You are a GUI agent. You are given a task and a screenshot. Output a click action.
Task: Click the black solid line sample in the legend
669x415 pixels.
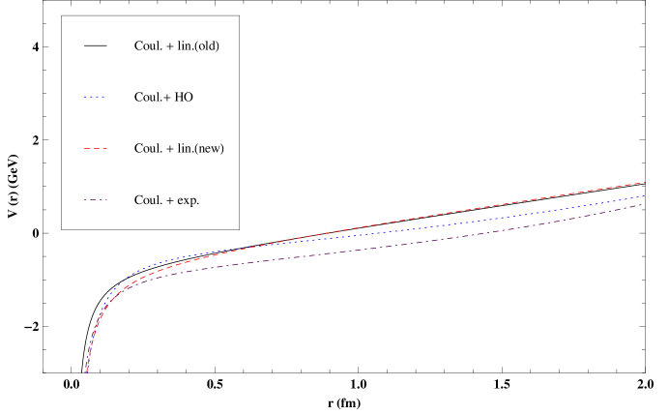click(x=95, y=45)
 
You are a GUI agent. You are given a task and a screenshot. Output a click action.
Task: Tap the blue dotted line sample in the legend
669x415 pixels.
click(x=95, y=97)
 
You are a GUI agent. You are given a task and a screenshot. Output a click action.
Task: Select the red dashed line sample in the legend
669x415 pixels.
click(x=95, y=148)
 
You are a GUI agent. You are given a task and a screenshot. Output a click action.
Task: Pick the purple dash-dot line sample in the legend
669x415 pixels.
click(x=95, y=200)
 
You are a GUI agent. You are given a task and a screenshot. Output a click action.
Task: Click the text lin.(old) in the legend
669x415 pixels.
click(x=203, y=45)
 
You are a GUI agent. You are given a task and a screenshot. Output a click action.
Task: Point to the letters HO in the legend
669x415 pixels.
click(x=184, y=97)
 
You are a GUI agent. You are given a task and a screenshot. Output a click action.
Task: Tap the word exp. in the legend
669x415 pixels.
click(x=187, y=200)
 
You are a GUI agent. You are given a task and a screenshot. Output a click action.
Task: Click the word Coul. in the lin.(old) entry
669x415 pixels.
click(x=148, y=45)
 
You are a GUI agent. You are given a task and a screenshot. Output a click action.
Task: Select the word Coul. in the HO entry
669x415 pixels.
click(x=148, y=97)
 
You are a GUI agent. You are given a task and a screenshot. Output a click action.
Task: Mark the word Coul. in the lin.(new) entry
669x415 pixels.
click(x=148, y=148)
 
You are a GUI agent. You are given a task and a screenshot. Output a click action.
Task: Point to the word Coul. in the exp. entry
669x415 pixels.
click(x=148, y=200)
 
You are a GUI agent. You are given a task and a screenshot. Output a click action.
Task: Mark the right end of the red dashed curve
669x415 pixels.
click(x=645, y=182)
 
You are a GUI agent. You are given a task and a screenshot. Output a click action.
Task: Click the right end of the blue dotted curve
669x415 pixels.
click(x=645, y=195)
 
